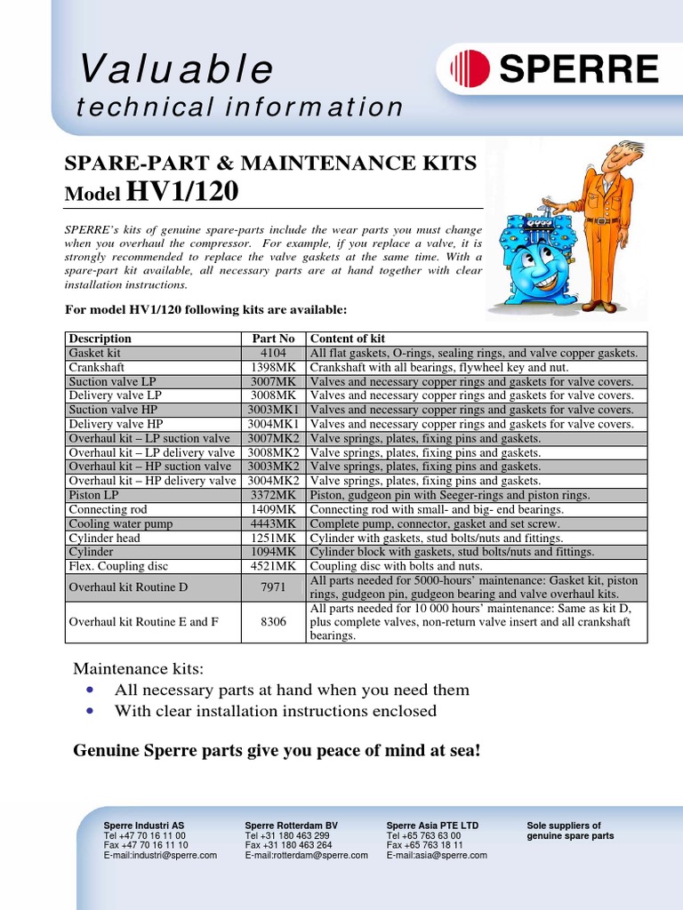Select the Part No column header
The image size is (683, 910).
pyautogui.click(x=273, y=339)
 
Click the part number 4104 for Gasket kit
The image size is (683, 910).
pyautogui.click(x=273, y=353)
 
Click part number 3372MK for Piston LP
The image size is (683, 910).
pyautogui.click(x=273, y=495)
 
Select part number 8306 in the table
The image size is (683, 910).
pyautogui.click(x=273, y=622)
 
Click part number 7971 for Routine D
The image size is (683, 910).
pyautogui.click(x=273, y=587)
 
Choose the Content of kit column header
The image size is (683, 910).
pyautogui.click(x=347, y=339)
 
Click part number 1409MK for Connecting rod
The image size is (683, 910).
pyautogui.click(x=273, y=509)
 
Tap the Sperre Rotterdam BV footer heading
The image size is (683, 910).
pyautogui.click(x=292, y=826)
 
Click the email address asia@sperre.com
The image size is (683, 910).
pyautogui.click(x=437, y=855)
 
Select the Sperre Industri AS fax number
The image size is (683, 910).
pyautogui.click(x=145, y=845)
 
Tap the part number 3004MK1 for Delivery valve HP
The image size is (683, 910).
pyautogui.click(x=273, y=424)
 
